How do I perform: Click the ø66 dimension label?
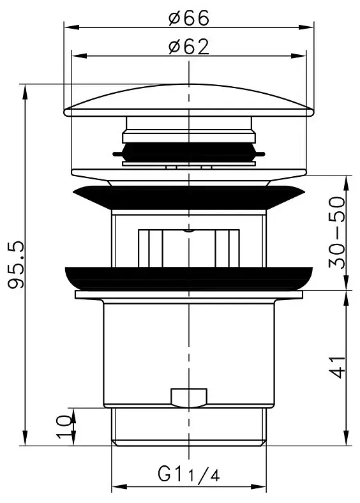(189, 18)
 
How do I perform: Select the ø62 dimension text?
(189, 47)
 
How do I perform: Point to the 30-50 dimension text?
(337, 232)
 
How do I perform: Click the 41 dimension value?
(337, 367)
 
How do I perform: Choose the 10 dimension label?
(64, 426)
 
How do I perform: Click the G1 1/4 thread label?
(189, 474)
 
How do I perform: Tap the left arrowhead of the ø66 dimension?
(71, 27)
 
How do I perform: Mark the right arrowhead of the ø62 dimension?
(299, 56)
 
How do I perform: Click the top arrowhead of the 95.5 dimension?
(25, 92)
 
